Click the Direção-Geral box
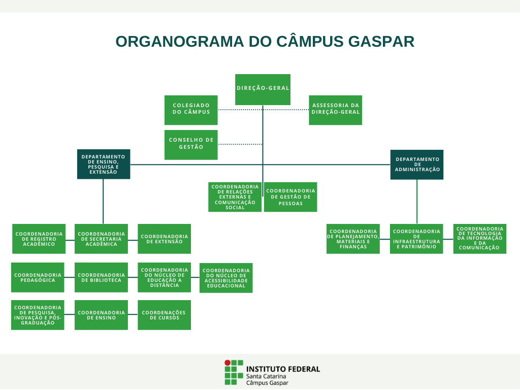[x=263, y=89]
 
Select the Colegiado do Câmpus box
[x=191, y=110]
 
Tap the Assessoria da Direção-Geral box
[x=336, y=110]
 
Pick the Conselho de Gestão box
[x=191, y=144]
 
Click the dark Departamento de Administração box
[x=417, y=165]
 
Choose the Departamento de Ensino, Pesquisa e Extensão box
[x=104, y=164]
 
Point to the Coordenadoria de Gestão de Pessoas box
[x=290, y=197]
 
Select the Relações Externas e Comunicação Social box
[x=235, y=197]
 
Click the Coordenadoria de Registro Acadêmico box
[x=39, y=239]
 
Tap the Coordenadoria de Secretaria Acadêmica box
[x=101, y=239]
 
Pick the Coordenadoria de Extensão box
[x=164, y=239]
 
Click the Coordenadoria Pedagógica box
[x=38, y=277]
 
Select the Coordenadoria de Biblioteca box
[x=101, y=277]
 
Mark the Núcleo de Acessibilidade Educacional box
[x=226, y=278]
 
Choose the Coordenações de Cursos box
[x=164, y=315]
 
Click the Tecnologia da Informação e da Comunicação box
[x=480, y=239]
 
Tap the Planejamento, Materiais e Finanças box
[x=353, y=239]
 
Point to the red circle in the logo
[x=227, y=363]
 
